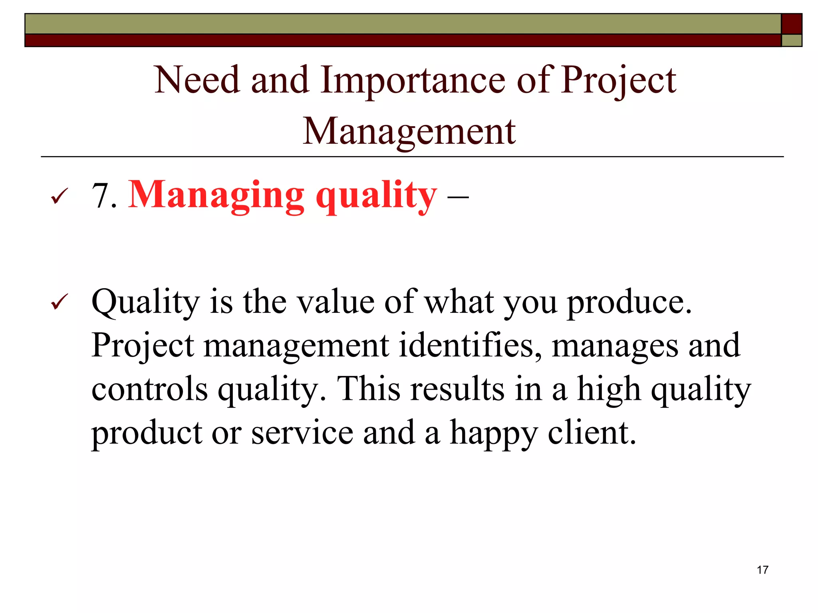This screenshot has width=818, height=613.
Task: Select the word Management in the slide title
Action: click(x=409, y=132)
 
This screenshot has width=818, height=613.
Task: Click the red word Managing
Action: click(x=216, y=196)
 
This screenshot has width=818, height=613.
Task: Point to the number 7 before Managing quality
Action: click(x=100, y=196)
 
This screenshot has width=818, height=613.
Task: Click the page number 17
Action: click(x=762, y=570)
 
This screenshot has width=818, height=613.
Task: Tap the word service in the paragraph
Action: click(x=302, y=433)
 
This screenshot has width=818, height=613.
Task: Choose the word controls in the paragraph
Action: click(x=150, y=389)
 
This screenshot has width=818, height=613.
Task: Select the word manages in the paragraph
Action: click(x=615, y=346)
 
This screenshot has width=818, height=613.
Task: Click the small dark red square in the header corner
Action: click(x=791, y=24)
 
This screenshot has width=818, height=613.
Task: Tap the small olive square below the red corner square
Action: click(x=791, y=40)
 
